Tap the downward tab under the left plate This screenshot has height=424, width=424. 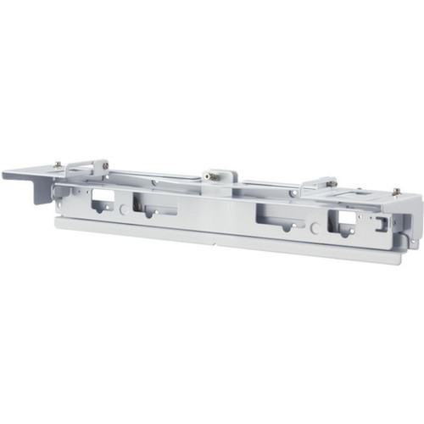[x=42, y=191]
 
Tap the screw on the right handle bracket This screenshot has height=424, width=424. [x=332, y=182]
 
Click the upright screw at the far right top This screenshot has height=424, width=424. [x=396, y=192]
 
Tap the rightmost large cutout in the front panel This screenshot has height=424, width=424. [x=344, y=222]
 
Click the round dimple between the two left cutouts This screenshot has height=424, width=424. [x=124, y=207]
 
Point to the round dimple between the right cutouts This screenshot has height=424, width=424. [x=315, y=226]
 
